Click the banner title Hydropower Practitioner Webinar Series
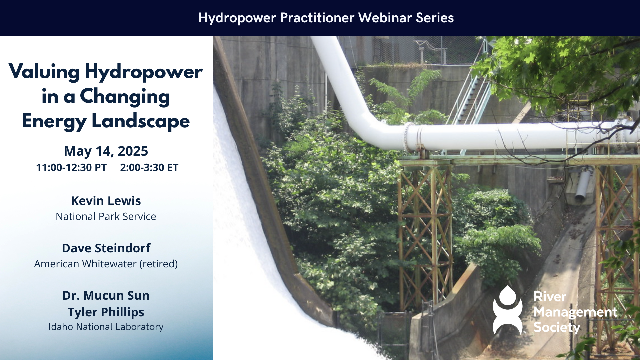tap(326, 18)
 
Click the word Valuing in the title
tap(44, 72)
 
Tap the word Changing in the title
tap(125, 97)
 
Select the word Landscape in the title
tap(141, 121)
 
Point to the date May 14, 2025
tap(106, 151)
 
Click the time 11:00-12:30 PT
tap(71, 167)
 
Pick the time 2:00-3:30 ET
tap(149, 167)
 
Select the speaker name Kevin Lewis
tap(106, 201)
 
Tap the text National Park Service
tap(106, 216)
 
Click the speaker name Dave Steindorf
tap(106, 248)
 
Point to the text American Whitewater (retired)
tap(106, 264)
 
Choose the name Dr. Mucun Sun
tap(106, 295)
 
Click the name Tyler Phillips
tap(106, 312)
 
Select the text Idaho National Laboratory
tap(106, 327)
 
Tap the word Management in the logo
tap(575, 312)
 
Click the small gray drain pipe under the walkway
tap(583, 185)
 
